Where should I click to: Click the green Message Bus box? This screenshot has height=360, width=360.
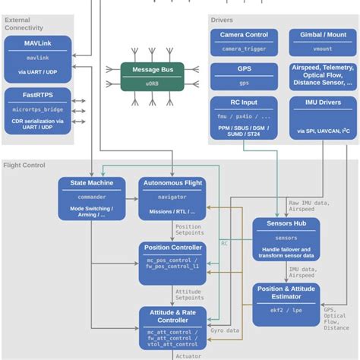[152, 77]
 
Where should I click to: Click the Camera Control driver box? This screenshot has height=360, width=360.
[244, 41]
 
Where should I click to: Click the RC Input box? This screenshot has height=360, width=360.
[244, 118]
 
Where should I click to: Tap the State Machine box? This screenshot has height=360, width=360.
[92, 197]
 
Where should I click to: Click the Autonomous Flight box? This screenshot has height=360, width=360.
[172, 197]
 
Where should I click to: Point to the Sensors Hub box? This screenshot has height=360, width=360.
[286, 239]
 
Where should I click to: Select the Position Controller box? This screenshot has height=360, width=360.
[172, 263]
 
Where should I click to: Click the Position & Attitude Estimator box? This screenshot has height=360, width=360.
[286, 304]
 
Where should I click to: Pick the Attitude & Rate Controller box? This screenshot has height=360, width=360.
[172, 327]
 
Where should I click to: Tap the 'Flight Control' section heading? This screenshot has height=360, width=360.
[24, 165]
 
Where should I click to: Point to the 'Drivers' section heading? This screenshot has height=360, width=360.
[222, 20]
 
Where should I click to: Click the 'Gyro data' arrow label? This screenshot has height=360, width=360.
[226, 330]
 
